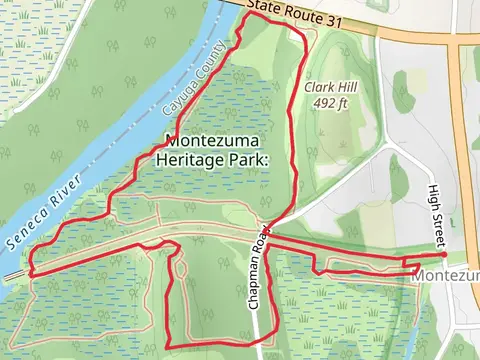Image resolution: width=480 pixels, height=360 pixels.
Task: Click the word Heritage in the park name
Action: pyautogui.click(x=189, y=159)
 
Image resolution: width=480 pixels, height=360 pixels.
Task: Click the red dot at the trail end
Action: pyautogui.click(x=443, y=255)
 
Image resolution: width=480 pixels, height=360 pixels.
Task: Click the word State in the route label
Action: pyautogui.click(x=262, y=8)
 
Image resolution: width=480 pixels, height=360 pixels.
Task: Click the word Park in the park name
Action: pyautogui.click(x=249, y=159)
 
